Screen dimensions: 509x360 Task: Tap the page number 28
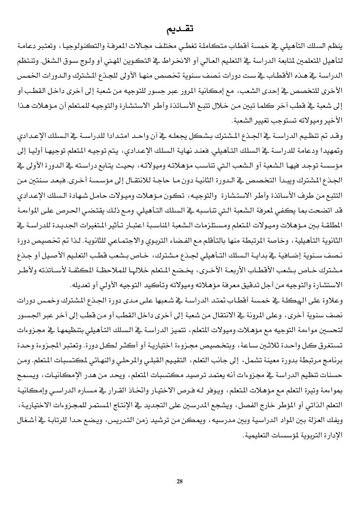pyautogui.click(x=180, y=481)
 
